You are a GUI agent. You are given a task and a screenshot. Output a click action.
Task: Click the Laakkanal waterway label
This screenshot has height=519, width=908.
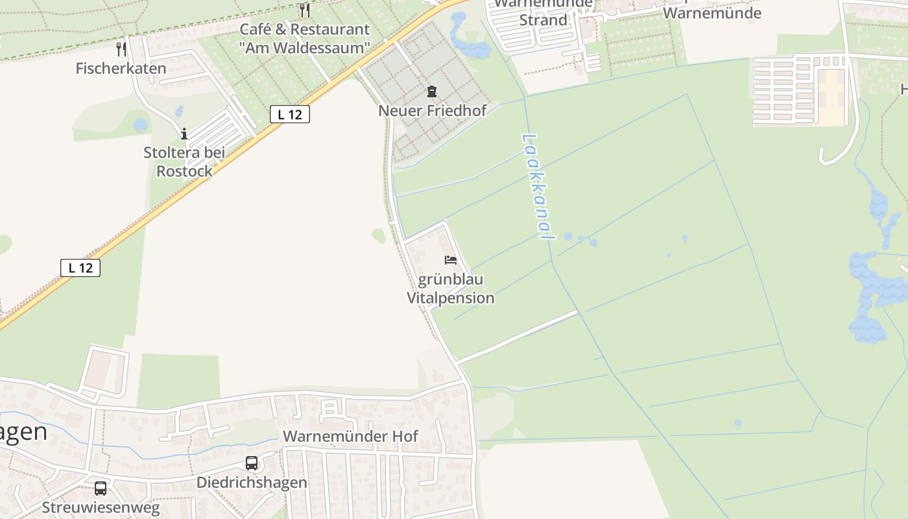point(538,187)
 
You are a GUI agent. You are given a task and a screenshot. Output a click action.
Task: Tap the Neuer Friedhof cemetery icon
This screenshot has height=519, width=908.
point(432,91)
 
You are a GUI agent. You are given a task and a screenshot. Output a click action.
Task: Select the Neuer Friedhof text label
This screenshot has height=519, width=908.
point(432,110)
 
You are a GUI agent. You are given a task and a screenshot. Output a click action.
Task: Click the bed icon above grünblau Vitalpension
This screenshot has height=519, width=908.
point(451,260)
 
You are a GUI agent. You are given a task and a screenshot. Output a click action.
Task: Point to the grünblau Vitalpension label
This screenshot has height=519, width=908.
point(450,289)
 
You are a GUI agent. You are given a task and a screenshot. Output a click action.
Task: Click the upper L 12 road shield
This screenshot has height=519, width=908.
point(290,114)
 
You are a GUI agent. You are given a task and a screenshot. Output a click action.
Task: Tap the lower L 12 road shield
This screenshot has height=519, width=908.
point(80,267)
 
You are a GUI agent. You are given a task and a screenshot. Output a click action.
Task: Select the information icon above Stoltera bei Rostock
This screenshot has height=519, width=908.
point(184,134)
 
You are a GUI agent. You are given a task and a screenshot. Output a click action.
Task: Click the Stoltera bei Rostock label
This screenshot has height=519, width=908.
point(184,162)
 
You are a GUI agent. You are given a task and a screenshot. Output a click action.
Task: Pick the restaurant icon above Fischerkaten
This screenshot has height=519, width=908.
point(121,49)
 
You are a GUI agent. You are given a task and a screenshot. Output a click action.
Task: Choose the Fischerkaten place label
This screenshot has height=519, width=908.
point(121,68)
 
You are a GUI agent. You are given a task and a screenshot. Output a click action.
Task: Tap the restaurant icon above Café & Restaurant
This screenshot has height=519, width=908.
point(305,10)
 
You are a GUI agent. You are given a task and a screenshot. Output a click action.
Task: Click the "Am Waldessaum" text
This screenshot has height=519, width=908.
point(304,47)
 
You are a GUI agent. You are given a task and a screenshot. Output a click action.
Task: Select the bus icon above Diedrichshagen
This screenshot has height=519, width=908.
point(252,463)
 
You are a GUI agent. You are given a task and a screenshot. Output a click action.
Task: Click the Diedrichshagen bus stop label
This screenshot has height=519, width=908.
point(252,483)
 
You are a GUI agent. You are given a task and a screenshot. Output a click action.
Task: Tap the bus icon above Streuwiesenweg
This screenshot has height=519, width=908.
point(101,489)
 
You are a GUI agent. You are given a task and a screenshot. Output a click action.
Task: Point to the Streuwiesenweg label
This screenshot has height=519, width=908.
point(101,507)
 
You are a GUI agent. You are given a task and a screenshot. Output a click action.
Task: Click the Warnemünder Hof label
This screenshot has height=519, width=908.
point(351,436)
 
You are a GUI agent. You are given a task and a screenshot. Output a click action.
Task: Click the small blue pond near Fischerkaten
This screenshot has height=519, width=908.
point(140,125)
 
